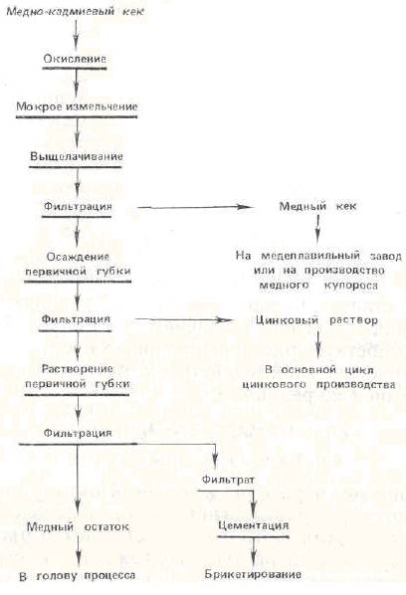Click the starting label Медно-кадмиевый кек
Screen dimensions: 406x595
click(75, 11)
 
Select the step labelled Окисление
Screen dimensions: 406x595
click(75, 59)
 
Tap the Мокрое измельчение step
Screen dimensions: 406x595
click(77, 106)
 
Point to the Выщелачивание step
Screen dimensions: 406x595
click(77, 156)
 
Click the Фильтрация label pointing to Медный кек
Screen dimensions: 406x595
click(78, 206)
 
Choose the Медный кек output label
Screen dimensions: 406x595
click(318, 206)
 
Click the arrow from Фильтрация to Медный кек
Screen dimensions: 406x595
click(193, 207)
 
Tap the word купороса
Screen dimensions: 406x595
click(351, 285)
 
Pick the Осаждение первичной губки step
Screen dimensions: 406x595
click(78, 264)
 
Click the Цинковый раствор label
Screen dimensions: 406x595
click(316, 320)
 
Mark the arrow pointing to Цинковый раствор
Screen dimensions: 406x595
click(183, 319)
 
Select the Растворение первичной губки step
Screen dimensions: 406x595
click(78, 376)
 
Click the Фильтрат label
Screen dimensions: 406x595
click(228, 480)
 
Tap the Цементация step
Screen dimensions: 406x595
click(254, 525)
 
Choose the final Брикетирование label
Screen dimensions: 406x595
click(253, 574)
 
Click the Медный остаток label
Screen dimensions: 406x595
click(78, 526)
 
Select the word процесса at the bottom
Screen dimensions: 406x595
click(109, 575)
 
